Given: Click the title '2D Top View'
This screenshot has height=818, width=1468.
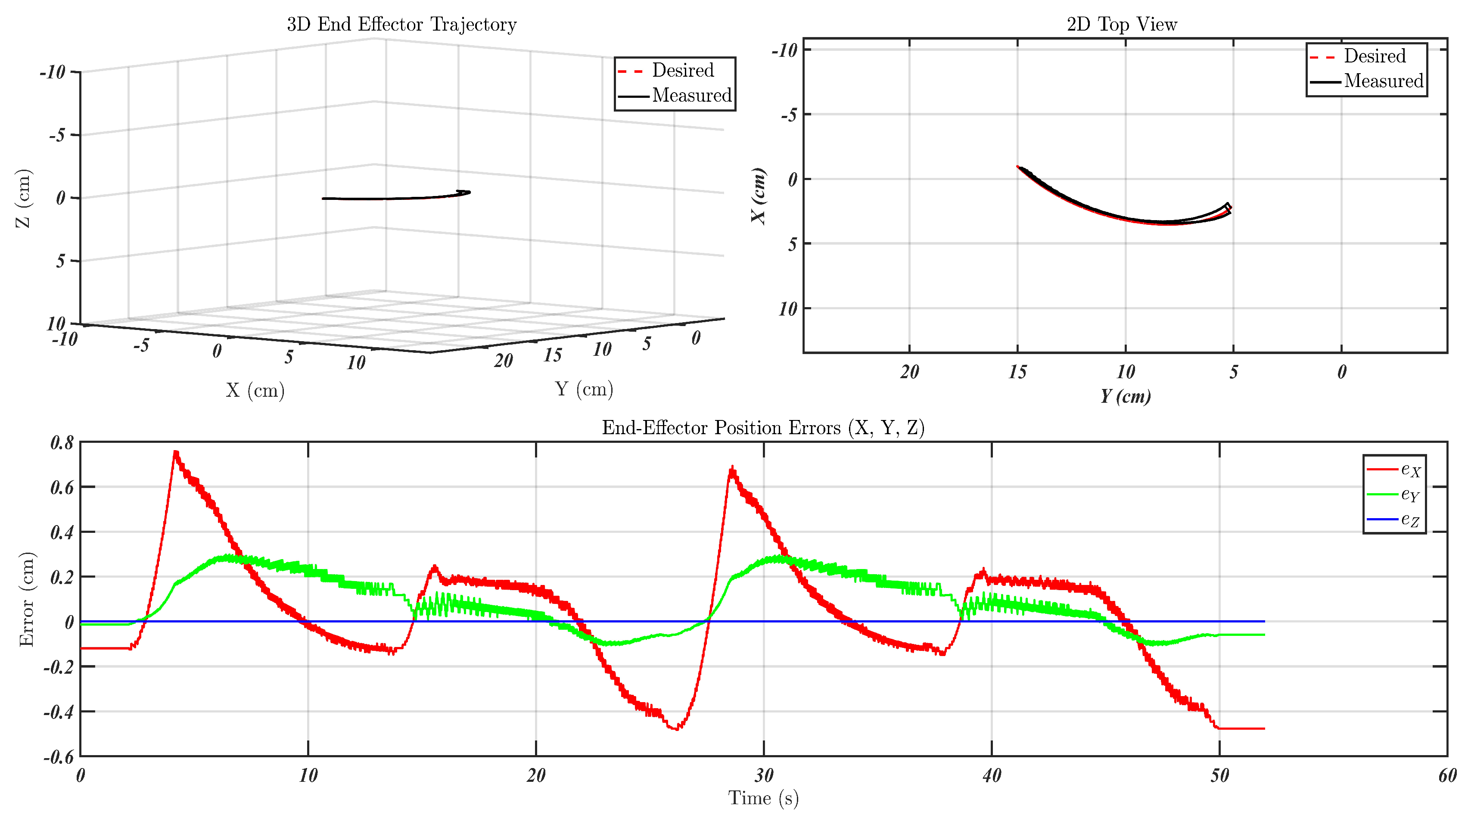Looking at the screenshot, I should [1122, 25].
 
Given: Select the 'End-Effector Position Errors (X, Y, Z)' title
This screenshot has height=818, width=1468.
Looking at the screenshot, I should [762, 428].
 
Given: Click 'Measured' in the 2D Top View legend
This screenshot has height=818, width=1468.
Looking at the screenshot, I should [1383, 81].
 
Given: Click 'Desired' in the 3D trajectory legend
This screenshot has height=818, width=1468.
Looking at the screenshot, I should [682, 70].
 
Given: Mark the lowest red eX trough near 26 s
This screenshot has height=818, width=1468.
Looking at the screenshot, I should [676, 728].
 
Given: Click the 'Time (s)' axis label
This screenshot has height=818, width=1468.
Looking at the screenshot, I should [763, 797].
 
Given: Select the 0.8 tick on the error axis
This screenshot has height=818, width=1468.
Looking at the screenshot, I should [62, 443].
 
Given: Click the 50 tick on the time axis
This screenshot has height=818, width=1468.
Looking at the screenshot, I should [1219, 776].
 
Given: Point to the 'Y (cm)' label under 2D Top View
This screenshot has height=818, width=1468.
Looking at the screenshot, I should [1125, 396].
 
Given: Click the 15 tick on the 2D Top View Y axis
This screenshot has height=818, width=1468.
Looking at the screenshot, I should [1017, 372].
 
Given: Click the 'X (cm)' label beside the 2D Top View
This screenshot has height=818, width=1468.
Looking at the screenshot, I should [759, 196].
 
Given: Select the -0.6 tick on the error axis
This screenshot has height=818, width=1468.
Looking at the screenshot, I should [59, 757].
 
